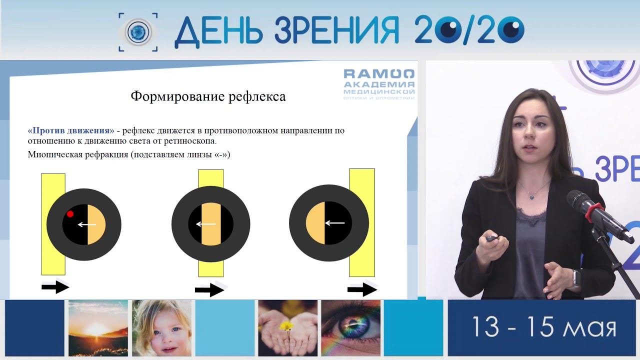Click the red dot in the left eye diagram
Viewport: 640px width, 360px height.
click(x=70, y=213)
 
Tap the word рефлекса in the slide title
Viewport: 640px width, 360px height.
click(x=257, y=96)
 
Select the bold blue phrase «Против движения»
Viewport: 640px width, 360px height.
click(x=71, y=130)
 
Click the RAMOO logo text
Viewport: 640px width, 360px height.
click(x=379, y=74)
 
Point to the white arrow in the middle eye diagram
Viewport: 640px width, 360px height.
click(x=205, y=224)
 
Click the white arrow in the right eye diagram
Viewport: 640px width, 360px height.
click(x=335, y=223)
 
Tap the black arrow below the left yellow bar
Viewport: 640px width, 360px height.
click(x=55, y=287)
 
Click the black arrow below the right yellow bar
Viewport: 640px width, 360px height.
click(x=362, y=289)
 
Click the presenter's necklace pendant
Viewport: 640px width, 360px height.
click(x=531, y=197)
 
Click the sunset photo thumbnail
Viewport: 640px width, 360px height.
click(x=98, y=328)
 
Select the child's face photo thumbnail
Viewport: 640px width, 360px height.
click(x=161, y=328)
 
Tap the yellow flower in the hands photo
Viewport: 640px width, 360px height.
click(x=286, y=326)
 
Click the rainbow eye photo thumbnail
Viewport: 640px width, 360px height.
click(x=351, y=328)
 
